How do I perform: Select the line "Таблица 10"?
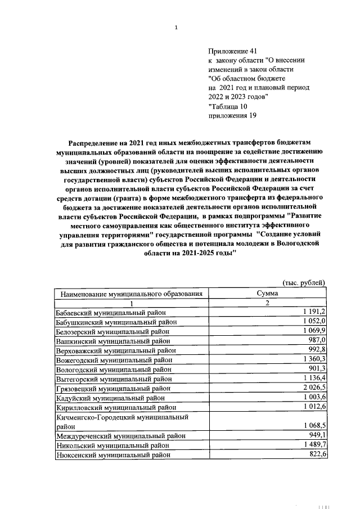coord(227,106)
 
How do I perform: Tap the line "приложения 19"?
coord(232,115)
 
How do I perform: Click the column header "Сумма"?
coord(268,294)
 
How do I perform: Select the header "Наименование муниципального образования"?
coord(131,294)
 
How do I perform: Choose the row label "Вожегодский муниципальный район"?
coord(114,360)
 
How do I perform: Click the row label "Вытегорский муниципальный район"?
coord(113,379)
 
